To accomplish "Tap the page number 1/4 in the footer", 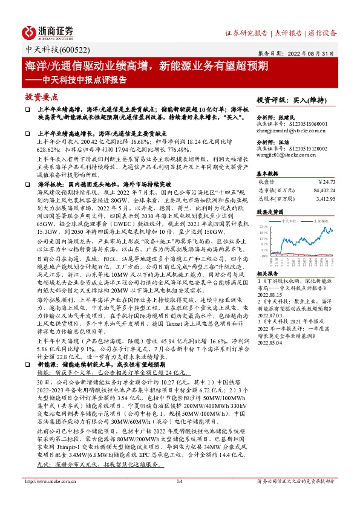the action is (x=179, y=498).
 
